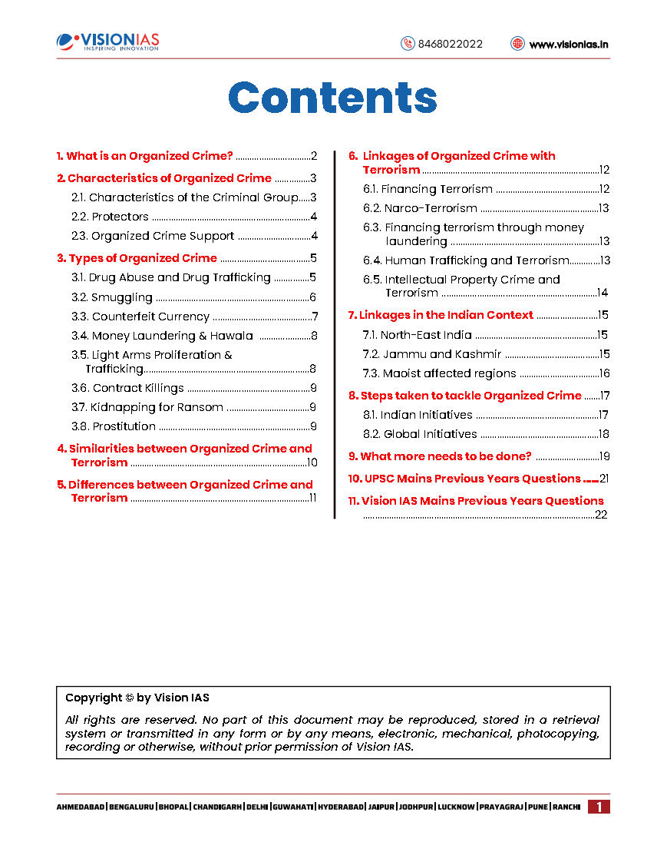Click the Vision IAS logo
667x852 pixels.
(108, 41)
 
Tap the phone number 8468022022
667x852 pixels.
(450, 44)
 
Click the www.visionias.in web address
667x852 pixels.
(569, 44)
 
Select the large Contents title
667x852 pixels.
(333, 98)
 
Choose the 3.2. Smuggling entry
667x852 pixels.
(112, 297)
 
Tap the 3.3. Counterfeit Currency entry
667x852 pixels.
(140, 317)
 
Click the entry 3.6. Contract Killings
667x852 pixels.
(127, 388)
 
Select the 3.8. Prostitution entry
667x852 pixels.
(114, 426)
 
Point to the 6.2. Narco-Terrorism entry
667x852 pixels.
(420, 208)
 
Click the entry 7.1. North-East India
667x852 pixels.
(417, 335)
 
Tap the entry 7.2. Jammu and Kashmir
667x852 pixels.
(431, 354)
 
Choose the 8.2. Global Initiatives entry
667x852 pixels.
(420, 434)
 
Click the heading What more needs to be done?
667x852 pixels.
(440, 456)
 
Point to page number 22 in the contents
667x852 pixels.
(601, 515)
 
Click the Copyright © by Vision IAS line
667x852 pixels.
(137, 698)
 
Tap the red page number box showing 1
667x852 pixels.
(599, 807)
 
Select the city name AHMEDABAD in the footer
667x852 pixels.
(81, 807)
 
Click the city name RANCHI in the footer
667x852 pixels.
(566, 807)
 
